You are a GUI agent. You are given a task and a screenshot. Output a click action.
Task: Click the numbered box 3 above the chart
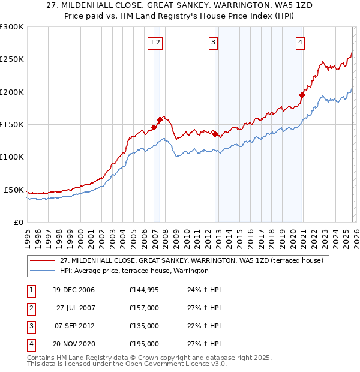[x=213, y=42]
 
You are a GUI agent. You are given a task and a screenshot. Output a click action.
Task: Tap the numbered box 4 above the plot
[x=299, y=42]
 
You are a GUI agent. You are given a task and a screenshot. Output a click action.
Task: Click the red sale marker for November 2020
[x=302, y=95]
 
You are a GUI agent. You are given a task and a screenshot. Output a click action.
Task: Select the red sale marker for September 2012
[x=215, y=134]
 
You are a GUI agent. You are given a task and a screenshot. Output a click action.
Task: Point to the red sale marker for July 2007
[x=160, y=119]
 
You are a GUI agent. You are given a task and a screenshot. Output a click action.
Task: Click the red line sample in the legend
[x=43, y=260]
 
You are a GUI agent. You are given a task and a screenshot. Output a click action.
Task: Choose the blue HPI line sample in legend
[x=43, y=271]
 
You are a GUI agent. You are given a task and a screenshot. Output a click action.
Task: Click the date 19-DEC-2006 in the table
[x=73, y=290]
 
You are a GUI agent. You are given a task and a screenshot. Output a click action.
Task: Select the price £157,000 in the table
[x=144, y=308]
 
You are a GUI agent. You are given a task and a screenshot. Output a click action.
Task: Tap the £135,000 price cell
[x=144, y=326]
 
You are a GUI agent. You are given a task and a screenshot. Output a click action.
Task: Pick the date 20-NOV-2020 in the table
[x=73, y=344]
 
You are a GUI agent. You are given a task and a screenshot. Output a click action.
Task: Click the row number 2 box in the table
[x=30, y=308]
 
